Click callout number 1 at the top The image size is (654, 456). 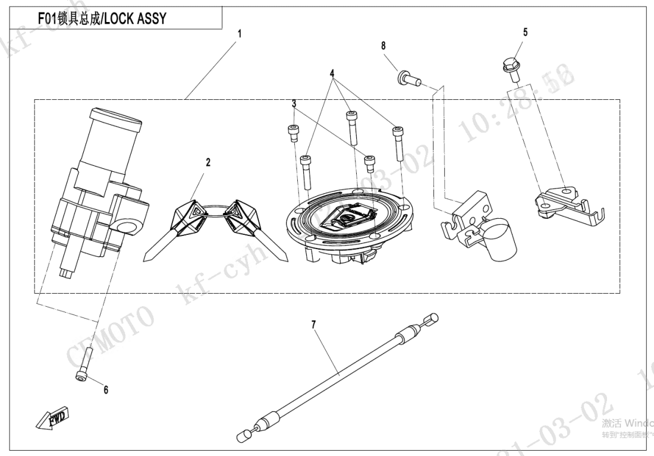click(240, 34)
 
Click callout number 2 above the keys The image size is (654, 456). click(208, 162)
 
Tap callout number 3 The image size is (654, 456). click(294, 103)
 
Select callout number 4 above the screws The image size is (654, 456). click(332, 74)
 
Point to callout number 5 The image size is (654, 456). click(524, 32)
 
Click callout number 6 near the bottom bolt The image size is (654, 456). click(106, 390)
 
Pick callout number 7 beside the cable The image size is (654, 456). click(313, 324)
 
